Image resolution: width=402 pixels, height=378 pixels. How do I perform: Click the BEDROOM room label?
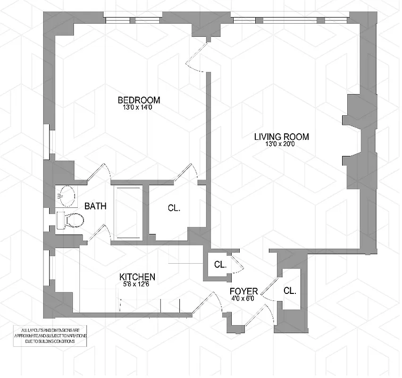[x=139, y=100]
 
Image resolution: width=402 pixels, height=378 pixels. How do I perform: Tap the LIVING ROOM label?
[x=281, y=137]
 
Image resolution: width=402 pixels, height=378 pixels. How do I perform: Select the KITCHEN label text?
[x=137, y=277]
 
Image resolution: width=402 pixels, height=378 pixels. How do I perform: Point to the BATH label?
[x=95, y=206]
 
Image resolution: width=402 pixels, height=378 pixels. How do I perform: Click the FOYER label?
[x=243, y=291]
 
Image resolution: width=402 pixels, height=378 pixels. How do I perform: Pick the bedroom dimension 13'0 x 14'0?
[x=139, y=108]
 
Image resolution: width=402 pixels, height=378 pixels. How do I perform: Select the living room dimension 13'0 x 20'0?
[x=281, y=145]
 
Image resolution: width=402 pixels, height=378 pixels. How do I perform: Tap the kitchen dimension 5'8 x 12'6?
[x=137, y=284]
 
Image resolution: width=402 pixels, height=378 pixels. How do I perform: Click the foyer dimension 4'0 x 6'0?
[x=243, y=299]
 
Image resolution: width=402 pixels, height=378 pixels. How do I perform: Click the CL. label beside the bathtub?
[x=174, y=207]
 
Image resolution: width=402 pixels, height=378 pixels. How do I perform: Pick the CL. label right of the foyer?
[x=290, y=291]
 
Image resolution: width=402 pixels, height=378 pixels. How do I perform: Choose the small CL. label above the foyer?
[x=220, y=264]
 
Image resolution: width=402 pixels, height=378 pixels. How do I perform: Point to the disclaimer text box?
[x=50, y=335]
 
